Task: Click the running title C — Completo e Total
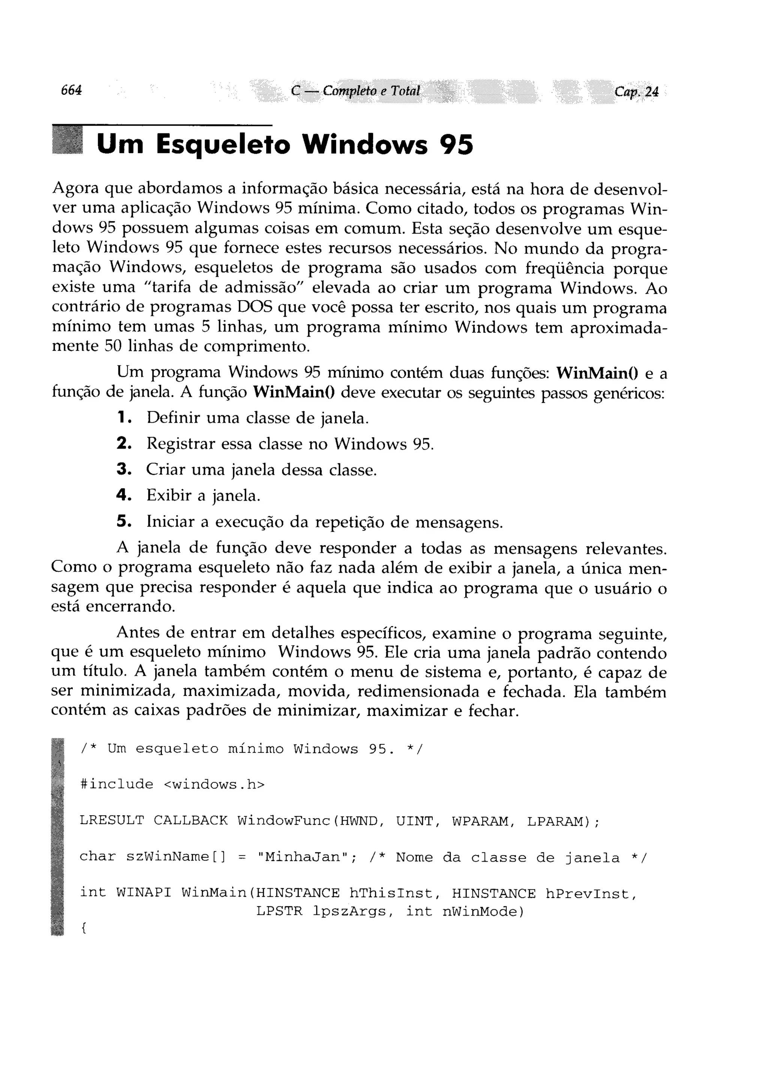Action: click(x=355, y=90)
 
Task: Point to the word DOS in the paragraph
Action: click(x=254, y=307)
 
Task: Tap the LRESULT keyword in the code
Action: click(x=112, y=820)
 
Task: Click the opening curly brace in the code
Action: click(x=83, y=928)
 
